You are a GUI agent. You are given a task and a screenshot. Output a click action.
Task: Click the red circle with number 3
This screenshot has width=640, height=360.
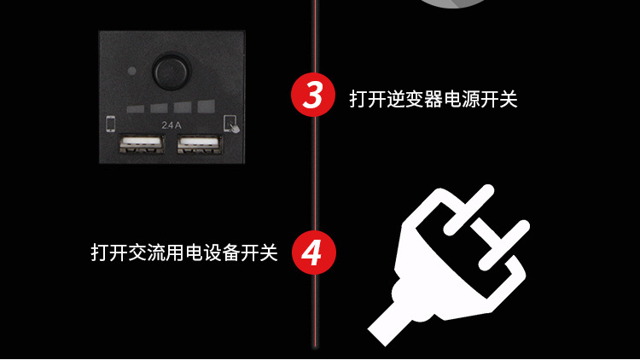pyautogui.click(x=313, y=95)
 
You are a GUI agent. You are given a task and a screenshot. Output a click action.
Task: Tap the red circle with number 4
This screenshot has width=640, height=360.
pyautogui.click(x=313, y=253)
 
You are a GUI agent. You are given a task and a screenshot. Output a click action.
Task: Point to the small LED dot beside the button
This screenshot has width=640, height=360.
pyautogui.click(x=131, y=71)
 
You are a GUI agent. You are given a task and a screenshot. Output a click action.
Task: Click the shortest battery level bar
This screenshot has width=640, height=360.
pyautogui.click(x=135, y=109)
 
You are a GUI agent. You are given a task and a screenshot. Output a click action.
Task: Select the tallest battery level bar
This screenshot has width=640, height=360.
pyautogui.click(x=207, y=106)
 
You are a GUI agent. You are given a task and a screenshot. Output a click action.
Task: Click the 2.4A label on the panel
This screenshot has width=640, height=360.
pyautogui.click(x=172, y=125)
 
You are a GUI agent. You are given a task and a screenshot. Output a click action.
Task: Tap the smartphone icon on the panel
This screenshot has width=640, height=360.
pyautogui.click(x=111, y=124)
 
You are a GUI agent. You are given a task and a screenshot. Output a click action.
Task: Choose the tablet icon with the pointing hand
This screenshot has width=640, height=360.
pyautogui.click(x=231, y=125)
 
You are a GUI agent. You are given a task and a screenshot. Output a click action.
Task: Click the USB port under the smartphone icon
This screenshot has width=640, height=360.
pyautogui.click(x=141, y=144)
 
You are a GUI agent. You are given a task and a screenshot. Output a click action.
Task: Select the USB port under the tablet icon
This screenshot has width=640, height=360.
pyautogui.click(x=199, y=144)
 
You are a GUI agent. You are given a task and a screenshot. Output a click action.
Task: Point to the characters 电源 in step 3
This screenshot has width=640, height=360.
pyautogui.click(x=461, y=99)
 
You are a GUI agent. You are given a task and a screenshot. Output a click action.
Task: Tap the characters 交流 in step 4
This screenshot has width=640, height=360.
pyautogui.click(x=147, y=253)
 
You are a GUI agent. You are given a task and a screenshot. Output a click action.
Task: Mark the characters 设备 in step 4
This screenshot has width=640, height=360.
pyautogui.click(x=222, y=253)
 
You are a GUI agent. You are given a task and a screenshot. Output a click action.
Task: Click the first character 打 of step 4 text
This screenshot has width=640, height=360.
pyautogui.click(x=100, y=253)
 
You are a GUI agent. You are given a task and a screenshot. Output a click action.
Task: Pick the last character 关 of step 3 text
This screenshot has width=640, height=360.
pyautogui.click(x=509, y=99)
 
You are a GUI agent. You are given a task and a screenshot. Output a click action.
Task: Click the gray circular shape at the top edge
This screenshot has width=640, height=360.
pyautogui.click(x=451, y=3)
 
